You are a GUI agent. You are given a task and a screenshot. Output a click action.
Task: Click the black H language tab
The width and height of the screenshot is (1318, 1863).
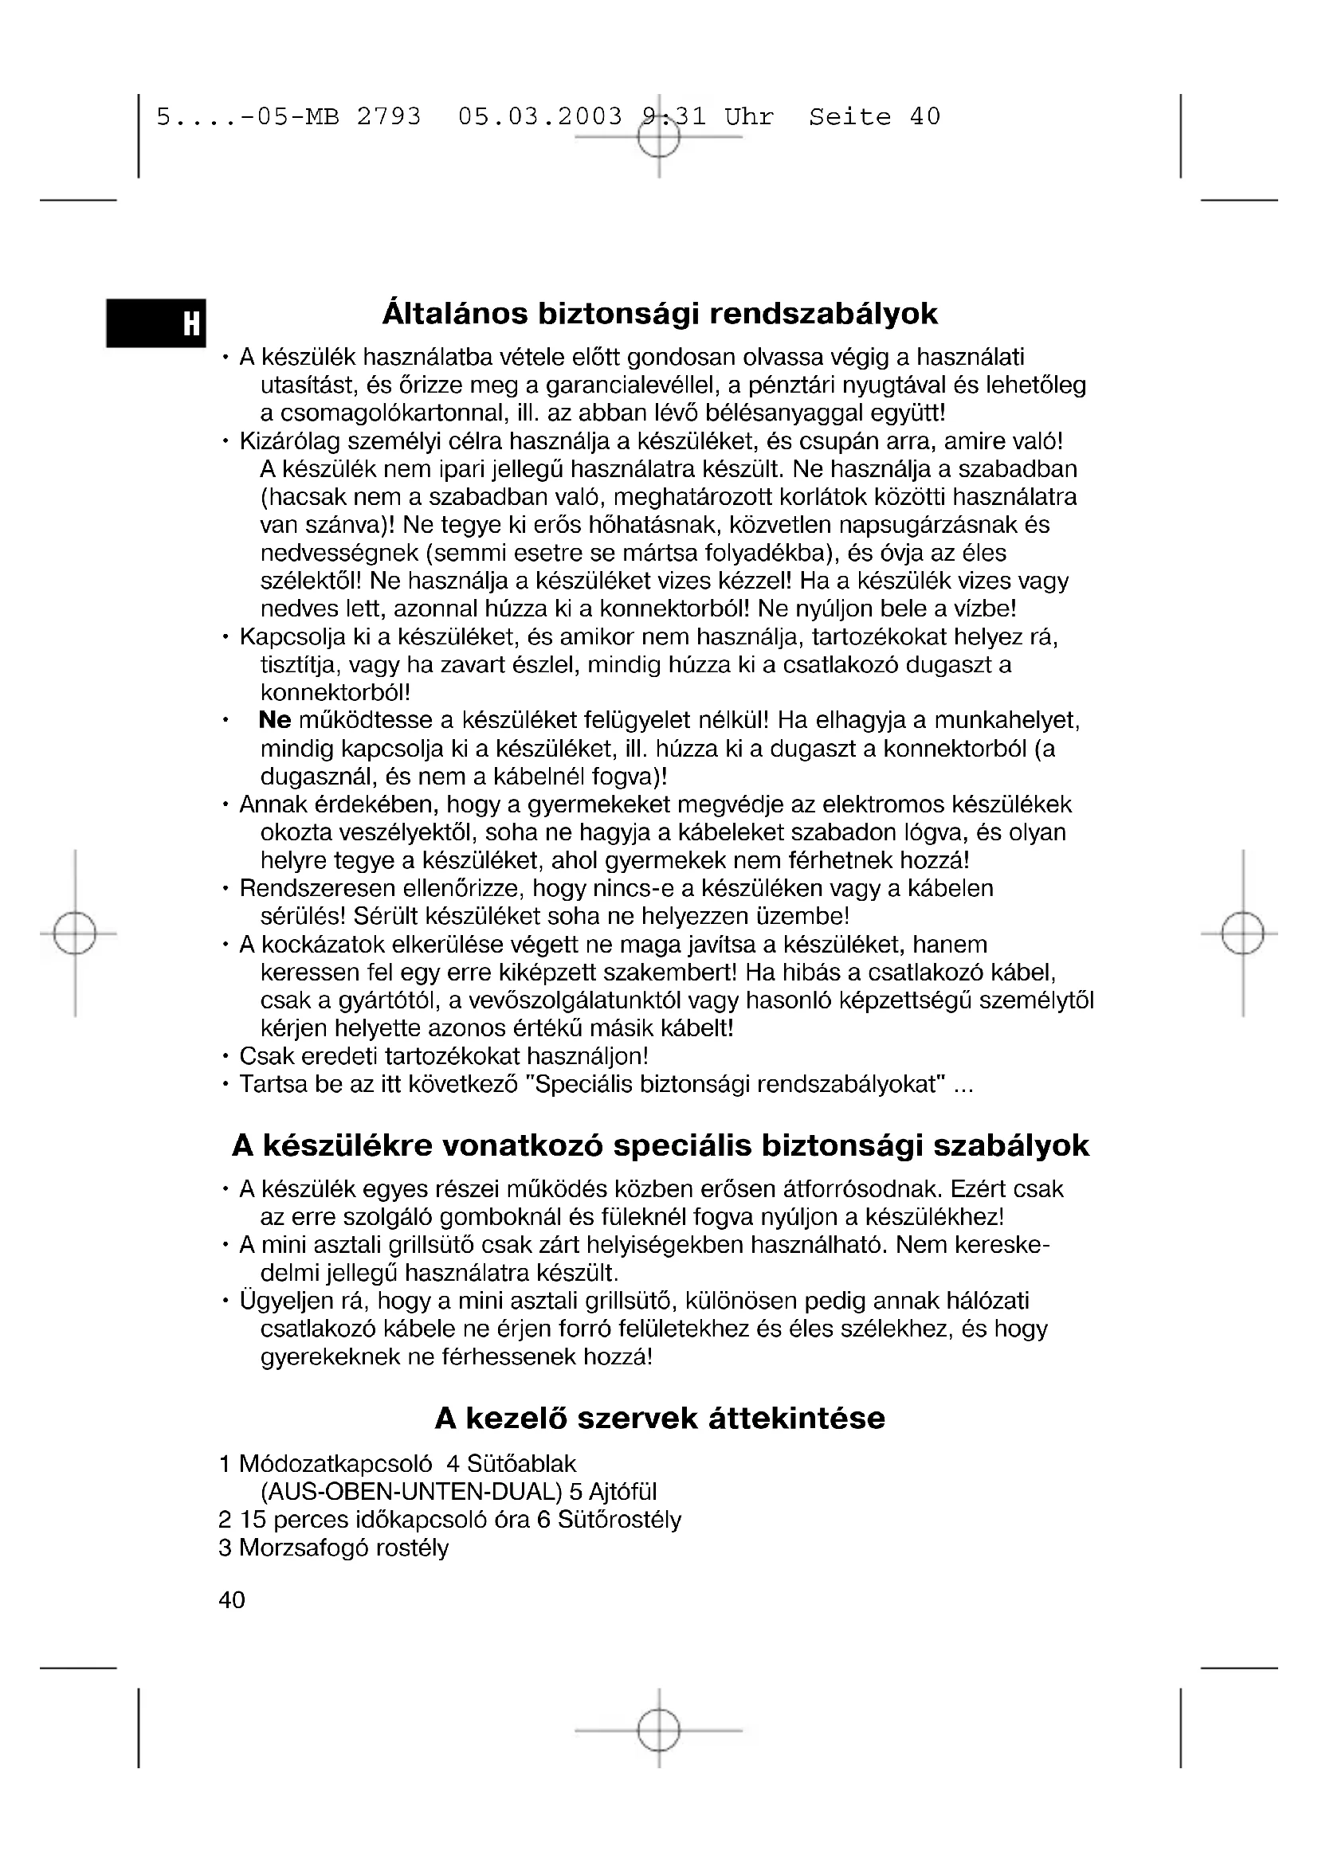[156, 323]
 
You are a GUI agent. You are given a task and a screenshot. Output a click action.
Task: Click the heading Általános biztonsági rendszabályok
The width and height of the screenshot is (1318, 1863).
[659, 314]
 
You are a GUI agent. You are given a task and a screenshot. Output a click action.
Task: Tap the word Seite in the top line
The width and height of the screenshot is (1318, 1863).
[849, 117]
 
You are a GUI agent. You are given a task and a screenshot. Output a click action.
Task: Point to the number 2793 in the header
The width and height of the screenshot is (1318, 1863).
[389, 117]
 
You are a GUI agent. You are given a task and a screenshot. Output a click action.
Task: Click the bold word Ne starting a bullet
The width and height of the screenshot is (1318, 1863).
[274, 721]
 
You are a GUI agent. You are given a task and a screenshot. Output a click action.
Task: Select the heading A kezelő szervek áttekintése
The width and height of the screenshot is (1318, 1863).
[659, 1419]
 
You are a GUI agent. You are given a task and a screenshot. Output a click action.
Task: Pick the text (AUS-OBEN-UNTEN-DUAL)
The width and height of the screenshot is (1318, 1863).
[411, 1491]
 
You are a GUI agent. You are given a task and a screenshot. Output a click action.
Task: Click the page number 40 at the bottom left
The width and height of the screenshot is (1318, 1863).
[231, 1599]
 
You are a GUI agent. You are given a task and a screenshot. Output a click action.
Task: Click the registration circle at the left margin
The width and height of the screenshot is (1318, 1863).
[75, 933]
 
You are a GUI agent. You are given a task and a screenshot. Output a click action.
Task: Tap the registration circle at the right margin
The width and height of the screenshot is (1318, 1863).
[1242, 933]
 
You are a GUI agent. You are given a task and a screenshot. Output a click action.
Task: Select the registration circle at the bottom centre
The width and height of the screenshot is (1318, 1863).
[658, 1730]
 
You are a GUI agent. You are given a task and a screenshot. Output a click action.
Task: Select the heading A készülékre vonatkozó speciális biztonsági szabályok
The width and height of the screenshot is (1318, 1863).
[660, 1145]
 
